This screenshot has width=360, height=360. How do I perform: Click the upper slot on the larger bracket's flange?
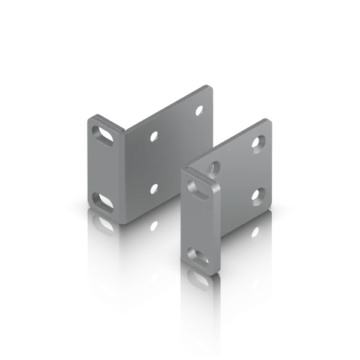(103, 133)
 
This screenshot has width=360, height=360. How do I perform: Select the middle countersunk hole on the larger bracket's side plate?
(154, 137)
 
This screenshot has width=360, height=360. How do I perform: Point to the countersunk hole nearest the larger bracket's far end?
(200, 112)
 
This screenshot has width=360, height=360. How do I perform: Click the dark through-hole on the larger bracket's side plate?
(155, 188)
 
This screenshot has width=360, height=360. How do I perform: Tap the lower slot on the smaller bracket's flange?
(197, 254)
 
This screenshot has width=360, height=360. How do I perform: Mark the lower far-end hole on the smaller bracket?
(259, 193)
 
